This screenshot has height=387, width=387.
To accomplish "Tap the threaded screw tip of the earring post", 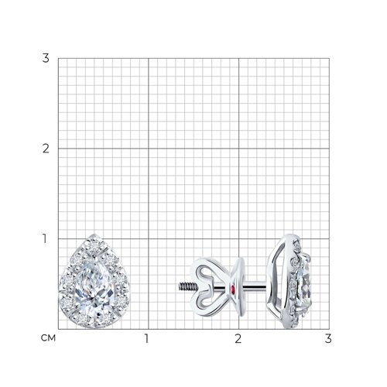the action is pyautogui.click(x=187, y=286).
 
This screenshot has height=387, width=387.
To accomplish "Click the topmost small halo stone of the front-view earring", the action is pyautogui.click(x=94, y=244).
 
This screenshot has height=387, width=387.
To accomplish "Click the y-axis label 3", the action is pyautogui.click(x=46, y=58).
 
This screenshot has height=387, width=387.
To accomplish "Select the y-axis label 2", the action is pyautogui.click(x=46, y=149).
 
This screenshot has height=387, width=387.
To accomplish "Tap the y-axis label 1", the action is pyautogui.click(x=45, y=238).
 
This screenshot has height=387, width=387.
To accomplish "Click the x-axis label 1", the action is pyautogui.click(x=146, y=338).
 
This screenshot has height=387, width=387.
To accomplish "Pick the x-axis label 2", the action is pyautogui.click(x=238, y=338).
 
